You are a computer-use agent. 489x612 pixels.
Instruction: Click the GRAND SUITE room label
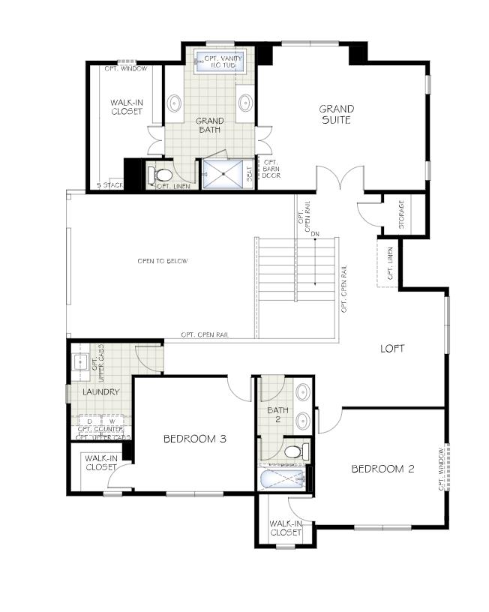coord(336,114)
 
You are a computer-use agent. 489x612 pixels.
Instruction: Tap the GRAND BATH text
coord(209,125)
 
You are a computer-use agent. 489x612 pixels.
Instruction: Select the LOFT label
coord(392,348)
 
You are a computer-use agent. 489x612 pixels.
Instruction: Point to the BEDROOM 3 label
coord(195,439)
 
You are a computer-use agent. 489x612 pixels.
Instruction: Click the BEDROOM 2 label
coord(382,469)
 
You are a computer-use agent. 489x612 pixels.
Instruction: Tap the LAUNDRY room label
coord(101,391)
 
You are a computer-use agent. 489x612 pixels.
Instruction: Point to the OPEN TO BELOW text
coord(162,261)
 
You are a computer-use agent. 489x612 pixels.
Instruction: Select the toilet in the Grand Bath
coord(161,175)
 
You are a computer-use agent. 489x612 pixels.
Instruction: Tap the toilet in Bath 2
coord(295,452)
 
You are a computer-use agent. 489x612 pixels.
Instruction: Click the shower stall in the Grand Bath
coord(223,174)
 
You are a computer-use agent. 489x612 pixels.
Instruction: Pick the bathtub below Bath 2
coord(281,479)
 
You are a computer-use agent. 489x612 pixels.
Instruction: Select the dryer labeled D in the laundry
coord(90,421)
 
